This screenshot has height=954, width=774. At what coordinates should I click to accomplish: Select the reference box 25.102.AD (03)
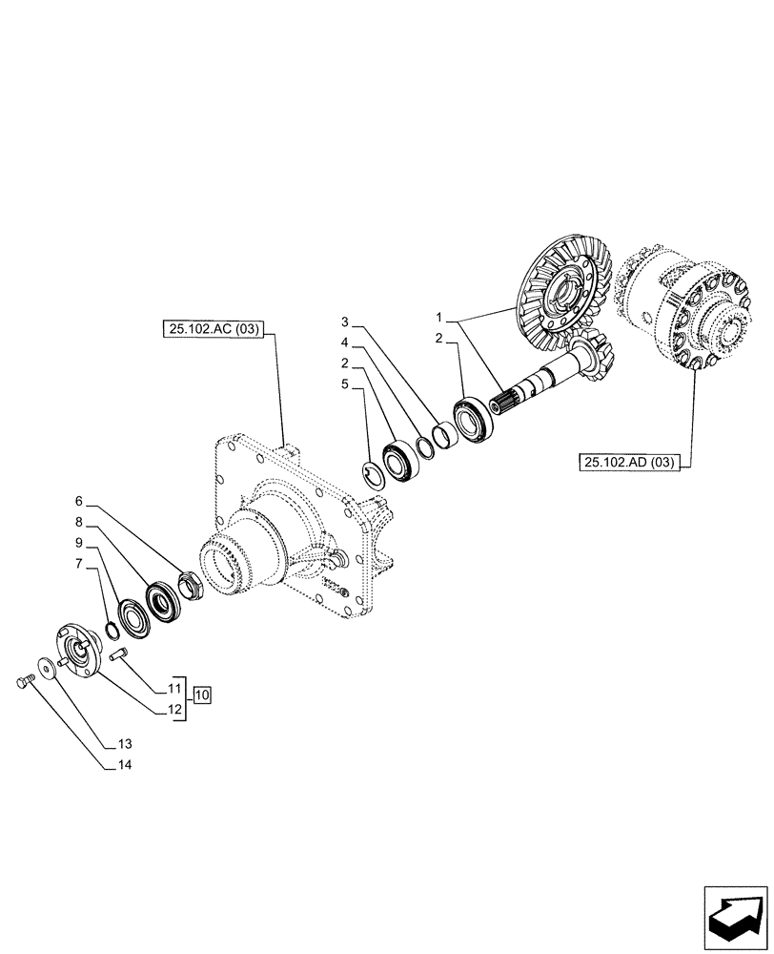(627, 463)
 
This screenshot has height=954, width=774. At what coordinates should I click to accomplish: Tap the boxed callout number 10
(202, 694)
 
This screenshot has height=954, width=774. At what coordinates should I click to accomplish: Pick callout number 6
(80, 500)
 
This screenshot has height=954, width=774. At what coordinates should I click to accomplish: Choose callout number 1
(438, 318)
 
